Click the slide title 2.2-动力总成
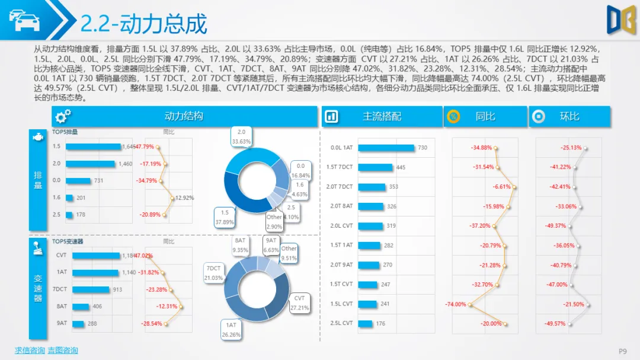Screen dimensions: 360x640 pyautogui.click(x=144, y=24)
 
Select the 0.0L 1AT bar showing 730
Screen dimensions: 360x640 pyautogui.click(x=386, y=148)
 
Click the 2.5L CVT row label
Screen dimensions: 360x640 pyautogui.click(x=341, y=323)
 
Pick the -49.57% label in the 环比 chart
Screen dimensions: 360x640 pyautogui.click(x=555, y=324)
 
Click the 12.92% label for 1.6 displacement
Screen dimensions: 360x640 pyautogui.click(x=185, y=197)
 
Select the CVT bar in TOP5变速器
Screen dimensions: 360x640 pyautogui.click(x=96, y=256)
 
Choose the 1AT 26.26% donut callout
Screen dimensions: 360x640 pyautogui.click(x=231, y=330)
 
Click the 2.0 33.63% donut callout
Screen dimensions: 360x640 pyautogui.click(x=241, y=137)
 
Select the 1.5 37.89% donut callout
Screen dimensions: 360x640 pyautogui.click(x=225, y=217)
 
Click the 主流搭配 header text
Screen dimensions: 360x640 pyautogui.click(x=382, y=116)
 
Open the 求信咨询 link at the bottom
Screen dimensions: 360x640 pyautogui.click(x=30, y=351)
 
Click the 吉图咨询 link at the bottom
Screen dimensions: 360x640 pyautogui.click(x=63, y=351)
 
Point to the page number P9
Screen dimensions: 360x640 pyautogui.click(x=623, y=351)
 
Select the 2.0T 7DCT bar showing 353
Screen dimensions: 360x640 pyautogui.click(x=372, y=187)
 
